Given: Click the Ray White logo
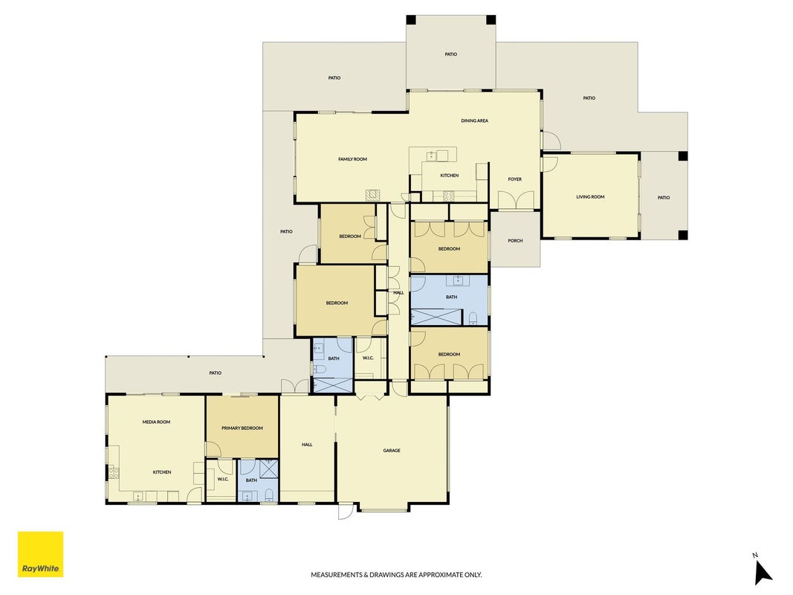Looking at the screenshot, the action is click(40, 554).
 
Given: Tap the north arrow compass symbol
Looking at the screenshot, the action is click(762, 570).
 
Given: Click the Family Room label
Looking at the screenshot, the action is click(352, 159).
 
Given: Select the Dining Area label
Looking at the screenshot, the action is click(474, 121).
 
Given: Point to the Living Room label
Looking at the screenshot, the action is click(590, 197).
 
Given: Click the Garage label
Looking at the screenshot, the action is click(392, 450).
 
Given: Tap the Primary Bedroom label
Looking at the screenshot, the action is click(242, 428).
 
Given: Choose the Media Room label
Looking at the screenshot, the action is click(156, 422).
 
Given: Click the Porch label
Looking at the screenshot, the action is click(515, 241).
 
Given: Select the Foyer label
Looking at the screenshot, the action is click(515, 179).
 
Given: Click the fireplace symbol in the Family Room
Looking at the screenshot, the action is click(372, 196).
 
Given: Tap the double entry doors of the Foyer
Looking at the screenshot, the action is click(516, 200).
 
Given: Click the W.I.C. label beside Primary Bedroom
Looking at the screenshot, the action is click(223, 479).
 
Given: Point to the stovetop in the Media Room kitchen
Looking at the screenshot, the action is click(114, 473).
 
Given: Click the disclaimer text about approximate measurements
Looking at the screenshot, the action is click(396, 575).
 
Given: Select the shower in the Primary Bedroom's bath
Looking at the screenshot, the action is click(268, 469).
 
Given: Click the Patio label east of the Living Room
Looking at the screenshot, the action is click(664, 198).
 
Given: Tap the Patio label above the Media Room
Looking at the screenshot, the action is click(216, 373).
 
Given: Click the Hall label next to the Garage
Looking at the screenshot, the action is click(307, 445).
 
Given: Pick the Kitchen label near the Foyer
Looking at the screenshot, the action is click(450, 176).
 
